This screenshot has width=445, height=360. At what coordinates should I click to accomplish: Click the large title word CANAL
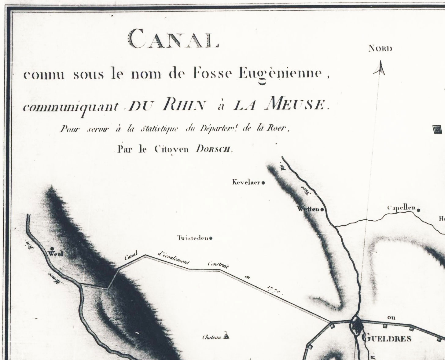[x=173, y=39]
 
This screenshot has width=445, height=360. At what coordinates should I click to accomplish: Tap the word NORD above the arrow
[x=380, y=49]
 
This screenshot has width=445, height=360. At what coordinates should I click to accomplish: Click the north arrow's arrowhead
[x=380, y=68]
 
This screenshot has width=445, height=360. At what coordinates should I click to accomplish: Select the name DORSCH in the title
[x=214, y=150]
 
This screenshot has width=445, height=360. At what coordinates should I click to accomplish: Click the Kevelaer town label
[x=246, y=183]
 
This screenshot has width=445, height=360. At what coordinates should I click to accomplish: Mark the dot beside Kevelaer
[x=263, y=183]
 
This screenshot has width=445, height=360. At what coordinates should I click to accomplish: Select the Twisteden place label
[x=193, y=238]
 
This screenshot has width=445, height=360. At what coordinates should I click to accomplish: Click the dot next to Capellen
[x=418, y=210]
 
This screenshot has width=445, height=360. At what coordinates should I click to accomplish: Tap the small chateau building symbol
[x=226, y=336]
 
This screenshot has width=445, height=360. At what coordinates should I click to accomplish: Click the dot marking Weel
[x=53, y=248]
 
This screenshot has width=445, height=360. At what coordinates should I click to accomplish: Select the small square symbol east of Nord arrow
[x=437, y=130]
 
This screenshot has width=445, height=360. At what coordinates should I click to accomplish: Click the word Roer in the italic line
[x=279, y=129]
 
